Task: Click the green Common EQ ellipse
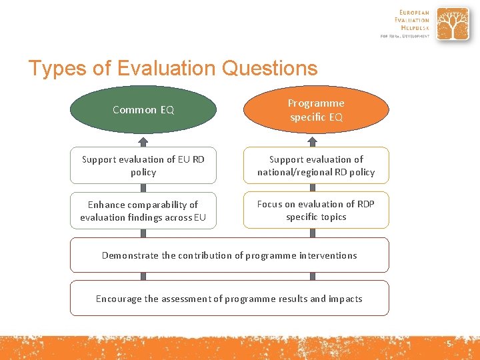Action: tap(143, 110)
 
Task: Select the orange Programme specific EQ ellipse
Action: tap(316, 110)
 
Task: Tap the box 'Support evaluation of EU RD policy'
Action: tap(143, 165)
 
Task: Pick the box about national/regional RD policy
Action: tap(316, 165)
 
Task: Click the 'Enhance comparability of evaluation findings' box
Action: tap(143, 211)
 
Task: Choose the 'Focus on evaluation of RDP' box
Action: tap(316, 211)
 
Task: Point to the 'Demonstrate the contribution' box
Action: tap(229, 255)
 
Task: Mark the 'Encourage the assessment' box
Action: tap(229, 298)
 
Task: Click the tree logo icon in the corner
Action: tap(453, 24)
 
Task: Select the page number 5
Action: tap(449, 343)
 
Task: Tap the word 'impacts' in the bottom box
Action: tap(345, 299)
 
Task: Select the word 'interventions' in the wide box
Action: tap(327, 255)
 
